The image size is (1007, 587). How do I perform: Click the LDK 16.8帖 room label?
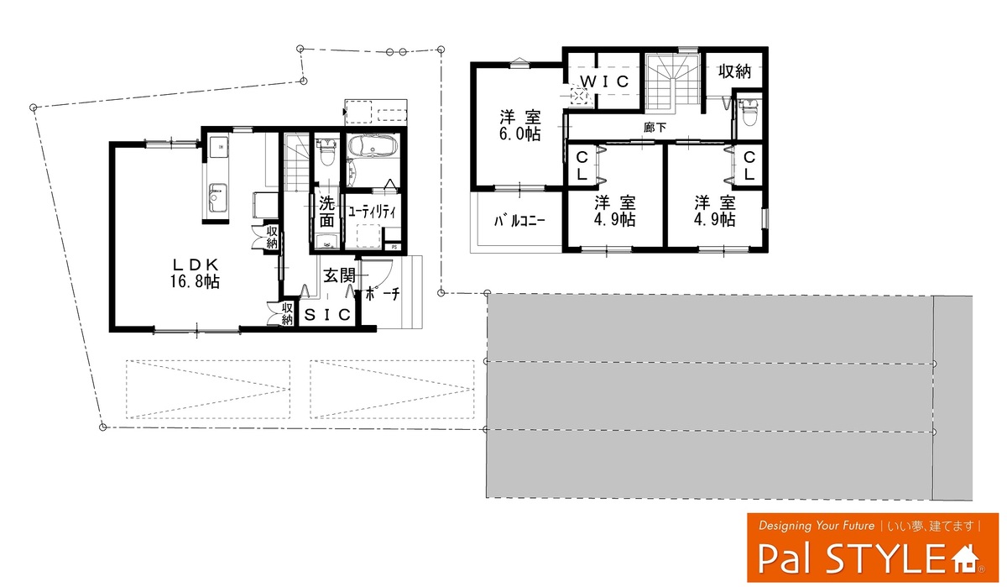[x=195, y=273]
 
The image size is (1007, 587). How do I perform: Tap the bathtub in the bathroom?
[x=373, y=146]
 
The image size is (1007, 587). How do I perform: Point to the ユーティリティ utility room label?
[x=373, y=212]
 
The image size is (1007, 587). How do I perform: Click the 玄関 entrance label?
[x=339, y=275]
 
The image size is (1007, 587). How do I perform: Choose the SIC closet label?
[x=327, y=315]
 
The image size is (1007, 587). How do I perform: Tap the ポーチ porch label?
[x=383, y=294]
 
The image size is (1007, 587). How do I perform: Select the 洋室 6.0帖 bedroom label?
[x=520, y=125]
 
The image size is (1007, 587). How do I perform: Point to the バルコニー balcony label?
[x=519, y=221]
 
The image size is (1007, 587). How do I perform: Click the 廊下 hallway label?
[x=655, y=128]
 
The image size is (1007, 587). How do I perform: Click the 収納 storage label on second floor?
[x=734, y=71]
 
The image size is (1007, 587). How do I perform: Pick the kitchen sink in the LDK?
[x=217, y=199]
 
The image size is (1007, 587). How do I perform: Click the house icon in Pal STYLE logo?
[x=965, y=560]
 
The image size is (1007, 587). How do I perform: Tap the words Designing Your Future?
[x=817, y=526]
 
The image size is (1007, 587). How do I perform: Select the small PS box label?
[x=394, y=247]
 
